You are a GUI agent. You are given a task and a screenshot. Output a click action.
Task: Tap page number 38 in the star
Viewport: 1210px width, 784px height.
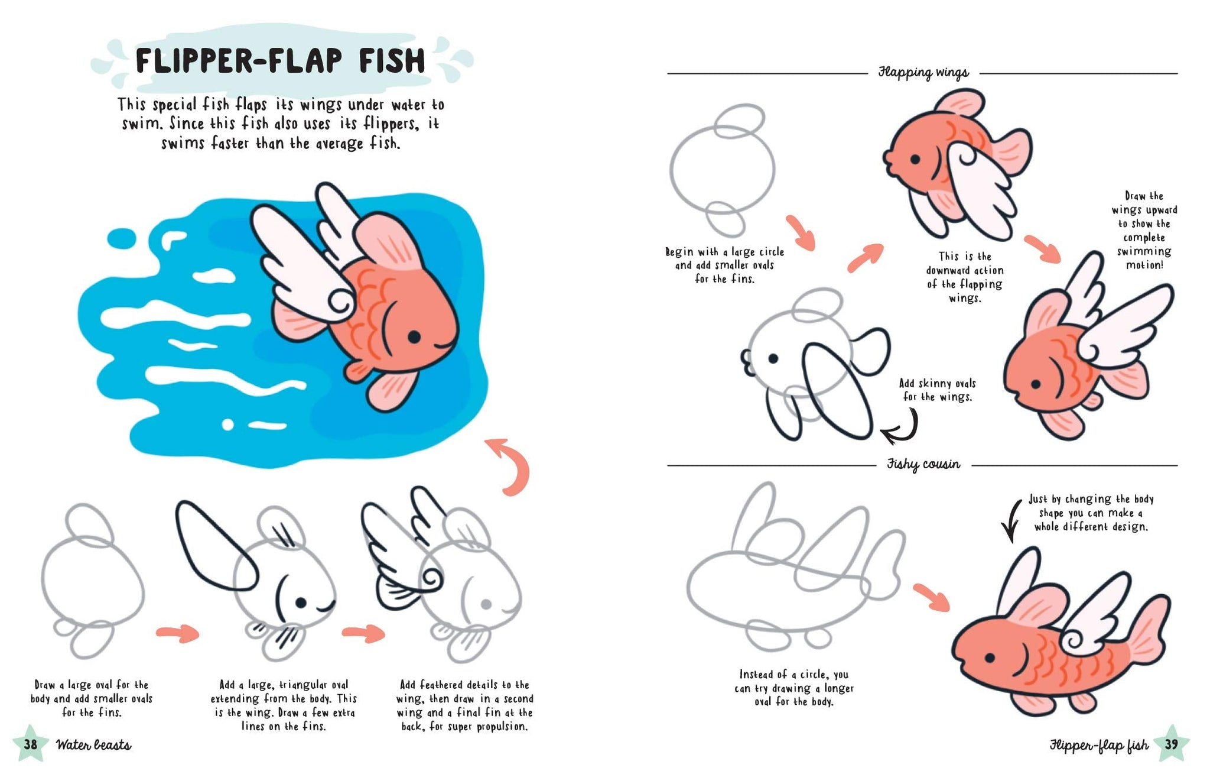(x=30, y=744)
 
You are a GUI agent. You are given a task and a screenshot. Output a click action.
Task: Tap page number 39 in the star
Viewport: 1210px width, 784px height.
(x=1171, y=744)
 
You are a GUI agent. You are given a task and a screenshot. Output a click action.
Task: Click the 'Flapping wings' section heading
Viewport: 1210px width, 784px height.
(x=923, y=73)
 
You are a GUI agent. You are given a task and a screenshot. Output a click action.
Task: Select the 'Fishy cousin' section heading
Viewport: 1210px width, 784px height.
(x=923, y=465)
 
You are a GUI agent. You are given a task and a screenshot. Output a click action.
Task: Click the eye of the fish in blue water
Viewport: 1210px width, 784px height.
(x=414, y=337)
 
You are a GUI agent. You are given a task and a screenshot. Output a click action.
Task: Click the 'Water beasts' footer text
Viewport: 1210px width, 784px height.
(x=93, y=745)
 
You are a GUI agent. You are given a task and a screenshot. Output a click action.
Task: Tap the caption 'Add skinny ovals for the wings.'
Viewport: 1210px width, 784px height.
(x=937, y=390)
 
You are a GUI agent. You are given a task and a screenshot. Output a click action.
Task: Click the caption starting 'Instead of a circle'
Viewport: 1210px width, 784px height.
(x=793, y=688)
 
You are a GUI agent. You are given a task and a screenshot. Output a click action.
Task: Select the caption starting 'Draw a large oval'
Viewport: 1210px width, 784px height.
(x=92, y=698)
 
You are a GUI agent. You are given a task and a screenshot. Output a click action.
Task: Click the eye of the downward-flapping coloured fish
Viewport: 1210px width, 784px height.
(x=915, y=159)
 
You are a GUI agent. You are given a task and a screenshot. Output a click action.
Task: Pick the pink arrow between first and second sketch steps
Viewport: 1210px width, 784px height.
(x=177, y=633)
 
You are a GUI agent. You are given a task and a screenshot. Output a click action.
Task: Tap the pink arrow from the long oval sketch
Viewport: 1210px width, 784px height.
(x=931, y=597)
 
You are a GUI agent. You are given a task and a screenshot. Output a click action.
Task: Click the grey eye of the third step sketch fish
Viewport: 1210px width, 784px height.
(x=486, y=604)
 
